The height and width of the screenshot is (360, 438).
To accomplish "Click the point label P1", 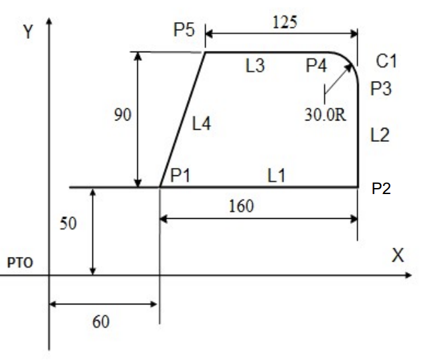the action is (180, 175).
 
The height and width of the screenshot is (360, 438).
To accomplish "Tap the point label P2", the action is (380, 189).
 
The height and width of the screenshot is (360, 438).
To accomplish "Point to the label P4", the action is (317, 65).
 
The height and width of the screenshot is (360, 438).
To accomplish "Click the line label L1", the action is (277, 175).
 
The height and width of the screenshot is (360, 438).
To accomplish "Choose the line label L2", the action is (380, 135).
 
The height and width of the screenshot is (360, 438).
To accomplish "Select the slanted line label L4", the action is (202, 124).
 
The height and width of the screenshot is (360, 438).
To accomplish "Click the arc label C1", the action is (386, 62).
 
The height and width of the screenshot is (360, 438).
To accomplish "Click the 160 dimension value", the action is (241, 205).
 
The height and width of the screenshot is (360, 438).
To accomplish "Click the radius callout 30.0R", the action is (325, 114).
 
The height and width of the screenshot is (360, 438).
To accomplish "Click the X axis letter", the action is (398, 255).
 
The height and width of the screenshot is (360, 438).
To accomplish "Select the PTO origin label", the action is (20, 264).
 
